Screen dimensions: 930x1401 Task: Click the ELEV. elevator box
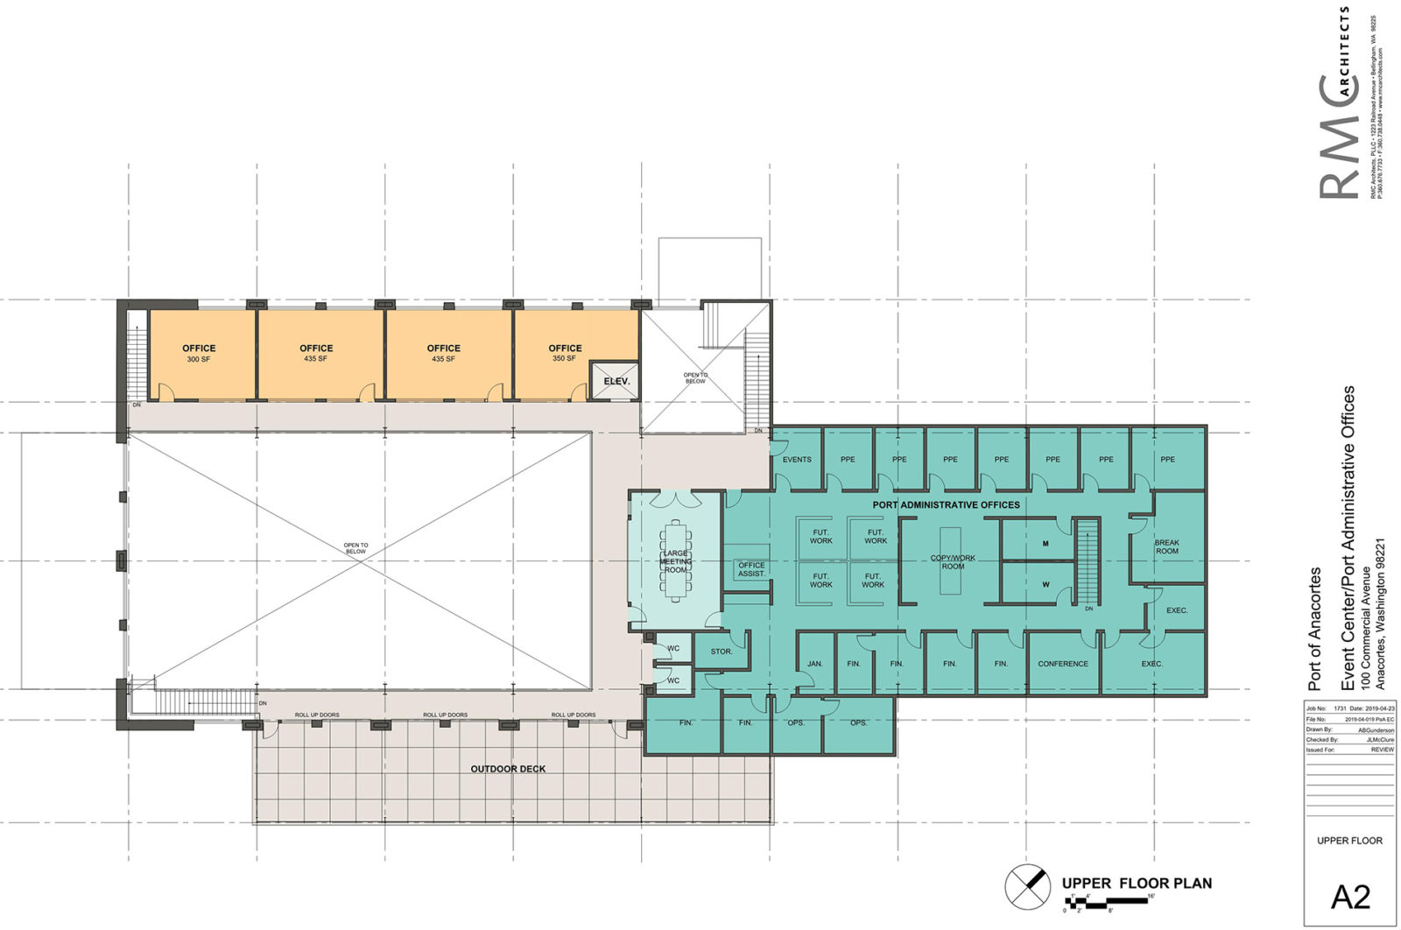click(x=616, y=381)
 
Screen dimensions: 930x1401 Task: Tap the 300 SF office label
click(x=199, y=353)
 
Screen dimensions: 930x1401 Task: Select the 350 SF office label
click(x=565, y=353)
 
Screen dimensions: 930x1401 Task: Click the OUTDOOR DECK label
click(x=508, y=769)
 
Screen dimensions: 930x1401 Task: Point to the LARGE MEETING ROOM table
click(x=675, y=560)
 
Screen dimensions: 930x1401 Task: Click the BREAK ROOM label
click(x=1166, y=547)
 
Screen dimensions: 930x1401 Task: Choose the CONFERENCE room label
click(x=1063, y=664)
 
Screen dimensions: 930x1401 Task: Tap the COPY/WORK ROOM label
click(x=953, y=562)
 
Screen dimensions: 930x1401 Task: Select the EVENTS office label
click(x=797, y=460)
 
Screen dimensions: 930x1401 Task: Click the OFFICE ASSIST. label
click(x=751, y=569)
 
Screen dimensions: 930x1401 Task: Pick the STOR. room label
click(x=722, y=652)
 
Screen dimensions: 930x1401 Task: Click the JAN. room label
click(x=815, y=664)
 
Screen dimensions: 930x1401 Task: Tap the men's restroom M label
click(x=1045, y=544)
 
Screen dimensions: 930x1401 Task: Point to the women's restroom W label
click(x=1045, y=584)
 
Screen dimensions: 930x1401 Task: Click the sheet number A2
click(x=1350, y=897)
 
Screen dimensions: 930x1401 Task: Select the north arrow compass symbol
click(x=1027, y=885)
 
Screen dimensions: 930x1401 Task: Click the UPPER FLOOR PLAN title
click(x=1137, y=884)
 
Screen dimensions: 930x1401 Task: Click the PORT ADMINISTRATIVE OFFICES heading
click(x=946, y=505)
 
